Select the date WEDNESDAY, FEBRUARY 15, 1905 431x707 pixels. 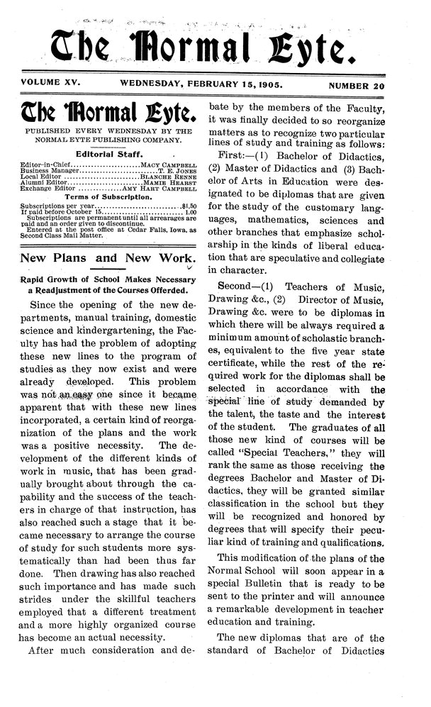(x=202, y=84)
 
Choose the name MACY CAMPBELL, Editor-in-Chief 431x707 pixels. (x=168, y=165)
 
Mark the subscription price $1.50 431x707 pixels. (x=188, y=208)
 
